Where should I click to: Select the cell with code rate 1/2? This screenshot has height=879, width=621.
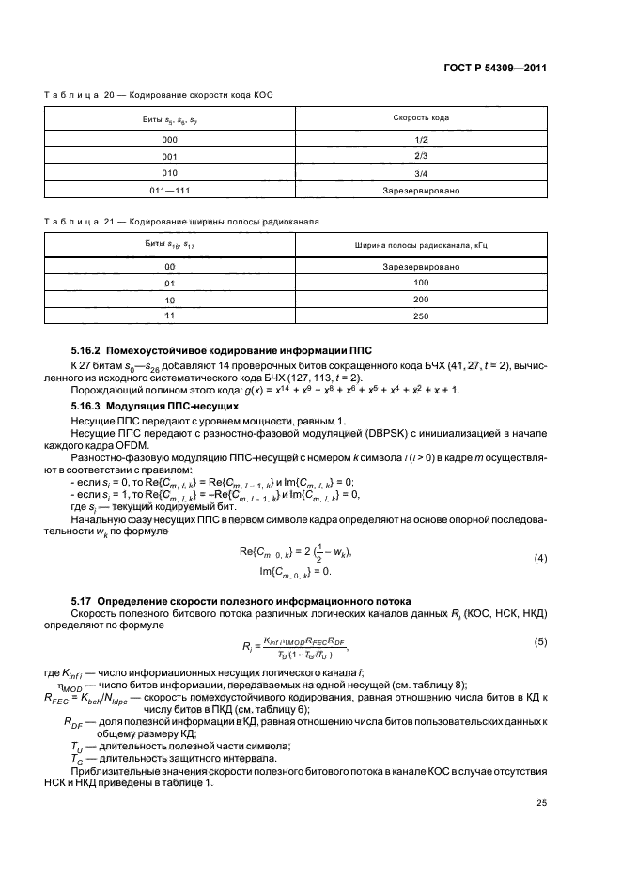pyautogui.click(x=421, y=140)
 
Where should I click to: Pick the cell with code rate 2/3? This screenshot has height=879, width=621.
pyautogui.click(x=421, y=157)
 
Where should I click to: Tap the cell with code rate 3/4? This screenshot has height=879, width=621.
pyautogui.click(x=421, y=174)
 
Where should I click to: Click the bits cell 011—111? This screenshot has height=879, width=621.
pyautogui.click(x=170, y=191)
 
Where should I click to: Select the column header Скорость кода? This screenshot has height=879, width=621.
pyautogui.click(x=421, y=118)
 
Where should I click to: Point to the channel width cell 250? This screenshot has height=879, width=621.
pyautogui.click(x=421, y=316)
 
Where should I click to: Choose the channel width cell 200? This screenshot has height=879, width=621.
pyautogui.click(x=421, y=300)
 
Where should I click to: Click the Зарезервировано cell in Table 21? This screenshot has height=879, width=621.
pyautogui.click(x=421, y=267)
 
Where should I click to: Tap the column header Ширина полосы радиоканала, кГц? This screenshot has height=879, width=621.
pyautogui.click(x=421, y=245)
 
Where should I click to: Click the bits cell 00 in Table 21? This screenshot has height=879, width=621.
pyautogui.click(x=170, y=267)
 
